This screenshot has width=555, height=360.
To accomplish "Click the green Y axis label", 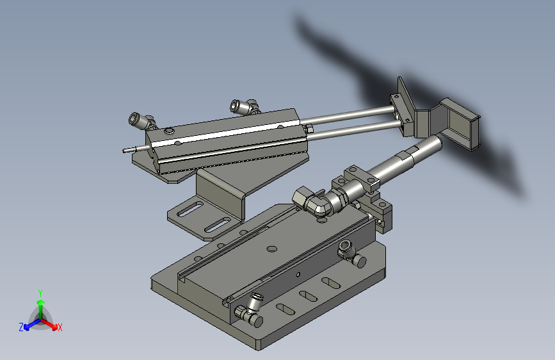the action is [x=40, y=293].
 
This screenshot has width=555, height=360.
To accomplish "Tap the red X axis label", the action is [x=60, y=327].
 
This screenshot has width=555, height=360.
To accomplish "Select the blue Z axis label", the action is [x=21, y=327].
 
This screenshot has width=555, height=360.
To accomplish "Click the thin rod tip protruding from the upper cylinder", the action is [x=124, y=151].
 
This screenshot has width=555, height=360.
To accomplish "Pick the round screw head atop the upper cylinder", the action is [x=169, y=131].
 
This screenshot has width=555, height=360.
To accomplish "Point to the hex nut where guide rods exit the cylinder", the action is [x=309, y=129].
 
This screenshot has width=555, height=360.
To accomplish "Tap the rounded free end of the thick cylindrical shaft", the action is [x=437, y=142].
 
